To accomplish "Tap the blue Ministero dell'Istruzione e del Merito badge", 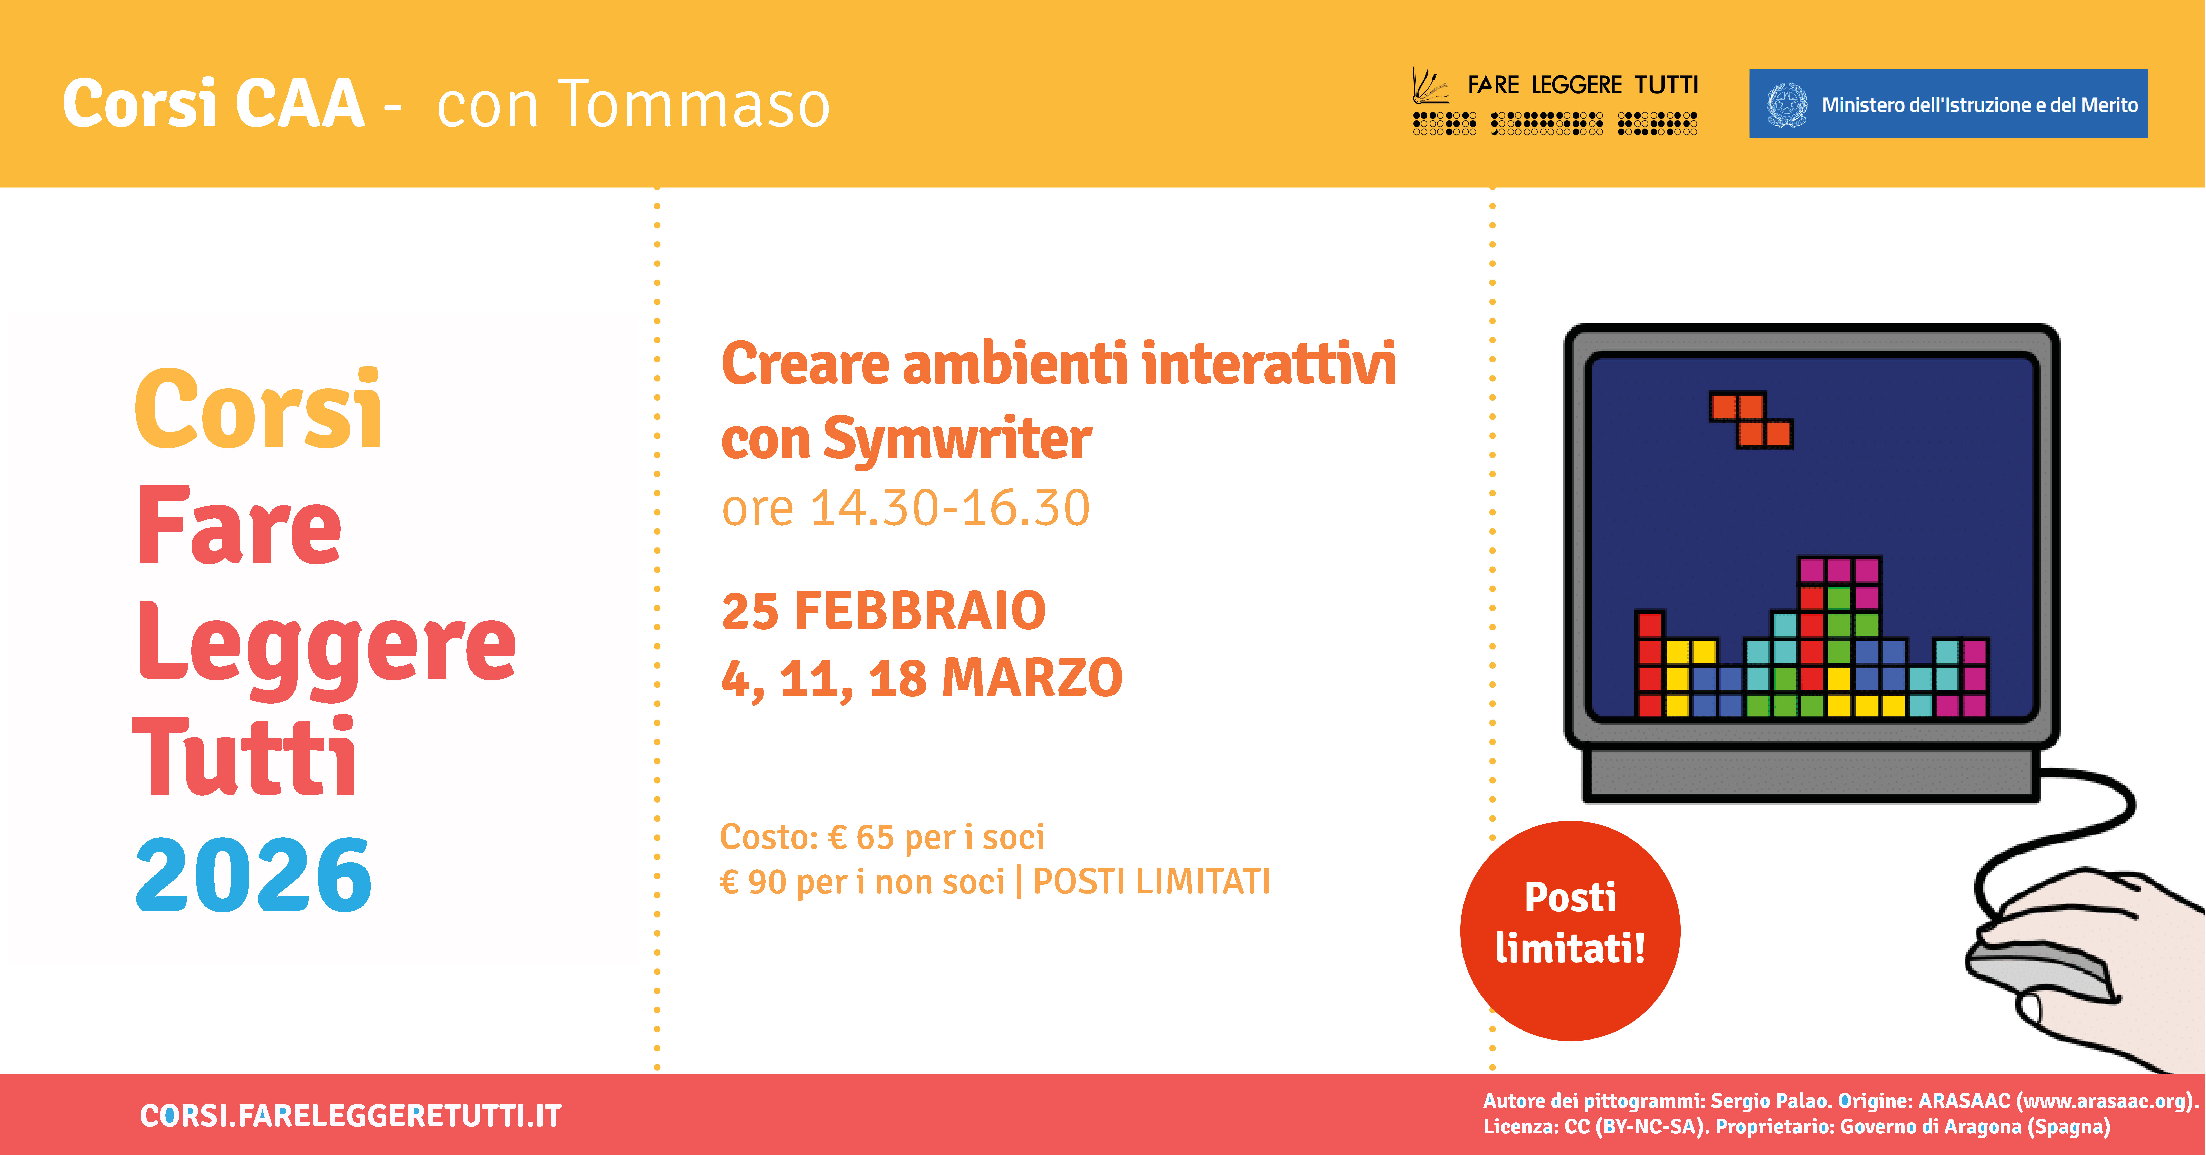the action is point(1948,104).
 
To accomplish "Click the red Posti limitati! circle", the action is point(1570,931).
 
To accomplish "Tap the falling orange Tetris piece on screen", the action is point(1751,420).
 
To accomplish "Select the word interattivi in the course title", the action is point(1269,364).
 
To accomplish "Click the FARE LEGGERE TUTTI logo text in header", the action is point(1583,86).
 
